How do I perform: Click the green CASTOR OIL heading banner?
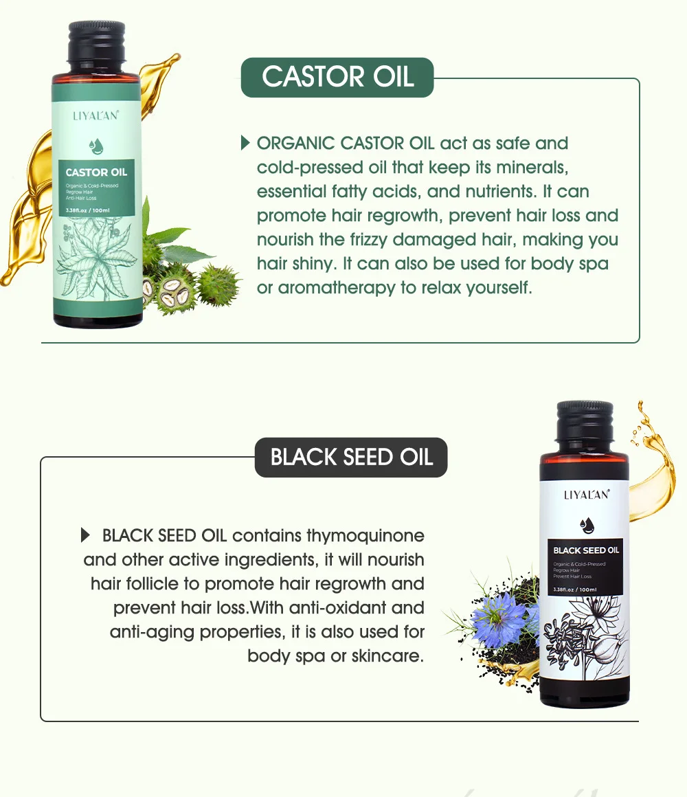(337, 77)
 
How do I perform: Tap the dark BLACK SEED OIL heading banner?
(351, 458)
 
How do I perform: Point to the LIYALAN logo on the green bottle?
(96, 115)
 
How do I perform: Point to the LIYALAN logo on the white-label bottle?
(586, 495)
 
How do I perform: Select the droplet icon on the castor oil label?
(96, 146)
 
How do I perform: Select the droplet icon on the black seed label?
(586, 525)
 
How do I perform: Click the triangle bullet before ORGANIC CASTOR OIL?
(245, 143)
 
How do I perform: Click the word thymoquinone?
(365, 536)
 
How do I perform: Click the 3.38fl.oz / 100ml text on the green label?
(89, 209)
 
